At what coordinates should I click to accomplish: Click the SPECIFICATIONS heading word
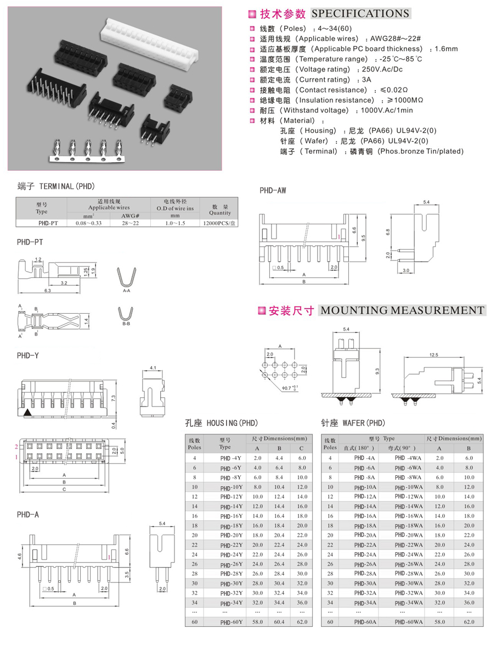click(360, 14)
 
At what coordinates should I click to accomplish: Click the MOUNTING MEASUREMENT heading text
click(402, 310)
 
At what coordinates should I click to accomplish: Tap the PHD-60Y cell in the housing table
click(230, 622)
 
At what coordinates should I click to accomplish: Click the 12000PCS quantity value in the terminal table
click(219, 223)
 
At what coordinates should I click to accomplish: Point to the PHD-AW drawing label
click(273, 191)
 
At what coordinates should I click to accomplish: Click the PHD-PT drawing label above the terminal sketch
click(30, 242)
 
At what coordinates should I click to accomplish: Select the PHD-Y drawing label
click(28, 355)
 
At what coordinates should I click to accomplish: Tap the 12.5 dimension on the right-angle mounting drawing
click(433, 355)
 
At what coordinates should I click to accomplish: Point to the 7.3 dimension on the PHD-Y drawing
click(128, 398)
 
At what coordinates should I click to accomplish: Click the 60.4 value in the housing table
click(279, 622)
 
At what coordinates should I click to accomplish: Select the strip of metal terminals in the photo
click(87, 152)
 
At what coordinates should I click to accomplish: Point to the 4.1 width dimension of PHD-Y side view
click(153, 368)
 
